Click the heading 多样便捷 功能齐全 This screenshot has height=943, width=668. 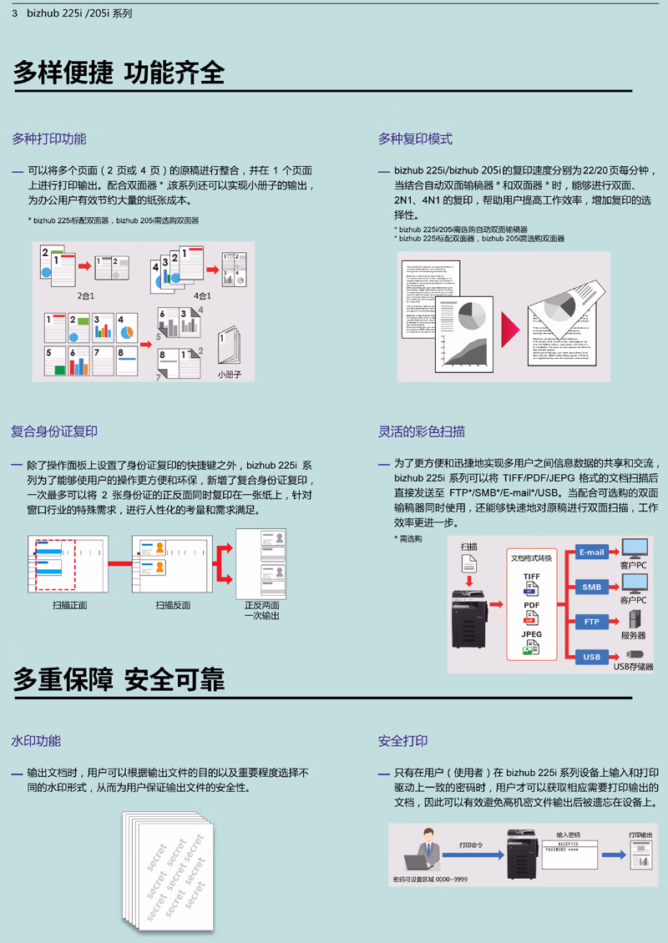[119, 72]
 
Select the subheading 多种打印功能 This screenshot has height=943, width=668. [48, 139]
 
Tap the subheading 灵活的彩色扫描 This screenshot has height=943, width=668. [422, 431]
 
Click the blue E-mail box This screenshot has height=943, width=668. [591, 552]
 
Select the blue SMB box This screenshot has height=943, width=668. [591, 587]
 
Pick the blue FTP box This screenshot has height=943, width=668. [591, 622]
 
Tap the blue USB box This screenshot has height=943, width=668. [591, 657]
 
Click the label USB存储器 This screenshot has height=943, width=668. [634, 667]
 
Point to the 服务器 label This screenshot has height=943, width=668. [633, 635]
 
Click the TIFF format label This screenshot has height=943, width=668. [531, 577]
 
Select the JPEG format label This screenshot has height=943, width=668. [531, 634]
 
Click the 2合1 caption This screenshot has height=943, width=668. [86, 296]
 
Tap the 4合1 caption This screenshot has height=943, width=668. [201, 296]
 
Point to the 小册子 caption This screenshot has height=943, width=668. [230, 376]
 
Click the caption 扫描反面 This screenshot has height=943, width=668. [173, 605]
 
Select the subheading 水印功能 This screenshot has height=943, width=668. [36, 740]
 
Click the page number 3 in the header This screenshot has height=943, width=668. [15, 13]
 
